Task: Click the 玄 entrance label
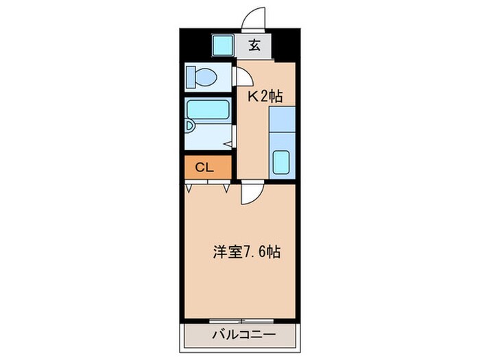(254, 46)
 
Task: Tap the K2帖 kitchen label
(265, 97)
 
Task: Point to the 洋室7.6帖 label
(245, 252)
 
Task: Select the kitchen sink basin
(282, 163)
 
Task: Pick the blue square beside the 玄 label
(222, 46)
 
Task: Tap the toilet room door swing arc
(241, 75)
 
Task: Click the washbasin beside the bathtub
(191, 128)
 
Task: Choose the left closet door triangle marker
(189, 187)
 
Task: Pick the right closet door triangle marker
(226, 187)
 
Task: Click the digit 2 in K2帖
(264, 97)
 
